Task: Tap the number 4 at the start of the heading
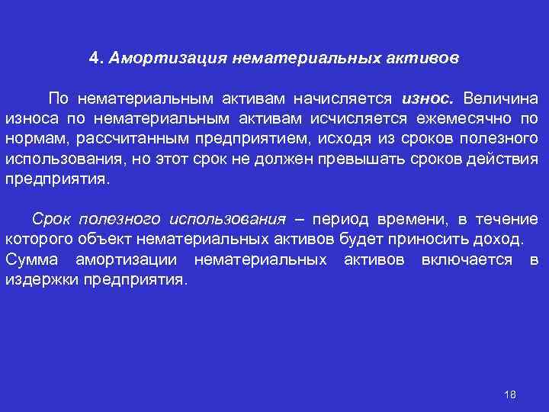93,58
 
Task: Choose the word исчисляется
353,120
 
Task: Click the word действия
504,161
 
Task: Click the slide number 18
510,394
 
